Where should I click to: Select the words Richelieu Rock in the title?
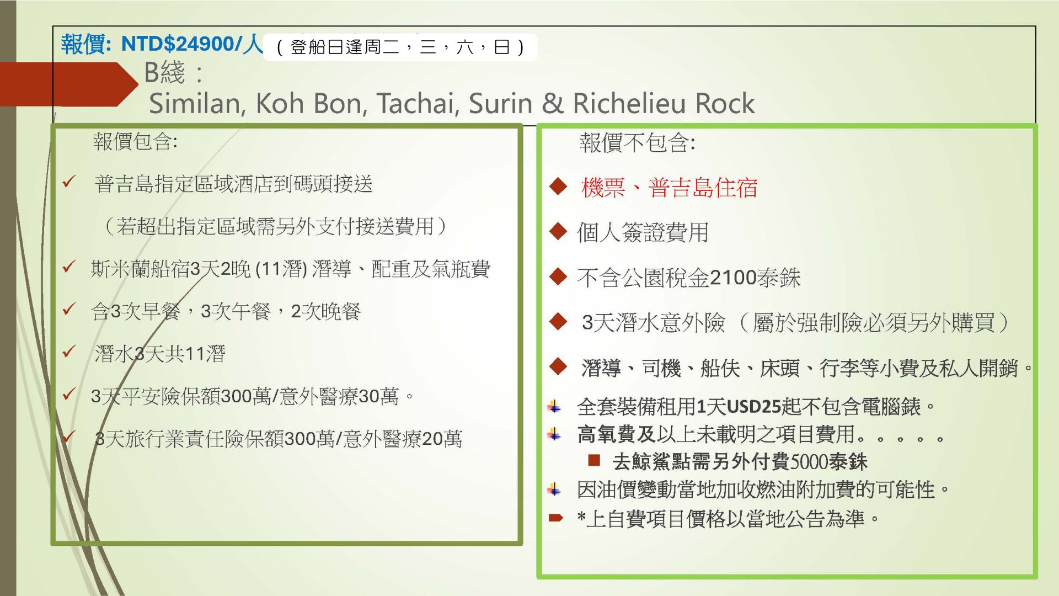(x=664, y=103)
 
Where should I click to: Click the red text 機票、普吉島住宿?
(x=670, y=188)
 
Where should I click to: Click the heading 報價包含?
(x=135, y=141)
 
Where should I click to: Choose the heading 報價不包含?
(x=637, y=143)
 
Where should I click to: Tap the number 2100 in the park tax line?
(x=733, y=277)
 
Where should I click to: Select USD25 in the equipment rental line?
(x=754, y=407)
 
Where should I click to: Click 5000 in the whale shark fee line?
(x=810, y=461)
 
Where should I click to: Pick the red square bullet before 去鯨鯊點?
(x=594, y=460)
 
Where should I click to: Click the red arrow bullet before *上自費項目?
(x=555, y=518)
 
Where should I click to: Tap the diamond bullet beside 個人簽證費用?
(x=558, y=231)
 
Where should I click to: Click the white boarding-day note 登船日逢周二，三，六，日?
(x=400, y=47)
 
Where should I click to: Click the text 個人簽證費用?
(x=643, y=232)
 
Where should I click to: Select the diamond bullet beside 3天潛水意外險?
(x=558, y=321)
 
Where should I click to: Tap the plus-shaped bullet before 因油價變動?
(x=554, y=489)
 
